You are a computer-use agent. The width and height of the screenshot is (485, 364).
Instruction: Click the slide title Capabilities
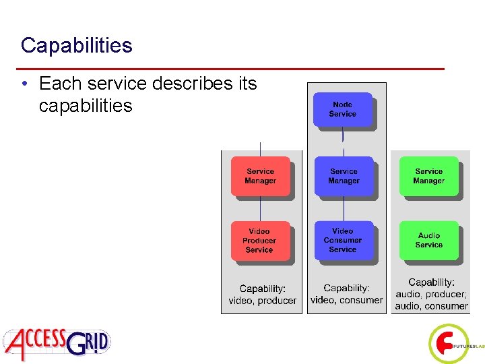tap(76, 45)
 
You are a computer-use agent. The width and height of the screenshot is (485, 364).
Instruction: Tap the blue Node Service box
tap(342, 109)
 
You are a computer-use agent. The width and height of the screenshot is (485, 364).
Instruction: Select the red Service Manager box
tap(260, 176)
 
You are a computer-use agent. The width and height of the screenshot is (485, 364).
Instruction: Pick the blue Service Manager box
tap(344, 176)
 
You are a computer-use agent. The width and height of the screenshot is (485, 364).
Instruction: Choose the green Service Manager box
tap(428, 176)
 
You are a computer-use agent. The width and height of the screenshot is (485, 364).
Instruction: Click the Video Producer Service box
tap(260, 241)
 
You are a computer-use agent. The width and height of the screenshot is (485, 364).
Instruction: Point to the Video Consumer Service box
tap(343, 240)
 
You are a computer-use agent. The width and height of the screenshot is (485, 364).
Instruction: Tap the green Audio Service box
tap(428, 240)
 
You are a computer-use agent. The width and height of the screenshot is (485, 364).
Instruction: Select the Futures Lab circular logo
tap(447, 344)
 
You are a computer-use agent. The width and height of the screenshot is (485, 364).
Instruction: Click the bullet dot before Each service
tap(24, 84)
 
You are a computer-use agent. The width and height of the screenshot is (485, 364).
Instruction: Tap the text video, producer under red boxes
tap(262, 301)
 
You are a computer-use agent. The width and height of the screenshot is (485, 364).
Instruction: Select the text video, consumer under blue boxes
tap(346, 300)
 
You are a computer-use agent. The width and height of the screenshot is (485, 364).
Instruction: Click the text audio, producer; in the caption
tap(430, 294)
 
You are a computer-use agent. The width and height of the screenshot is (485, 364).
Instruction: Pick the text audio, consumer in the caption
tap(431, 306)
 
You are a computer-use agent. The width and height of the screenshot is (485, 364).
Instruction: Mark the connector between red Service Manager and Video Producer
tap(261, 210)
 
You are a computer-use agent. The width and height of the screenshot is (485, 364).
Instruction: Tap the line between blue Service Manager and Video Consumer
tap(344, 209)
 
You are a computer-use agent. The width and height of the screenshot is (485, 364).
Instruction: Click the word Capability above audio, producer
tap(430, 282)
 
